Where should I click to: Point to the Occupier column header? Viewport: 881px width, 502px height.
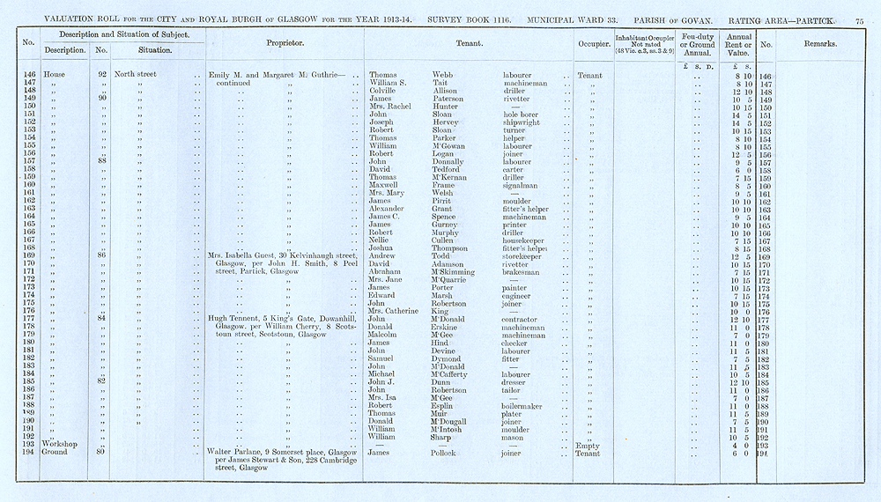[x=596, y=43]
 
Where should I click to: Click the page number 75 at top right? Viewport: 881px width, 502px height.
[x=860, y=8]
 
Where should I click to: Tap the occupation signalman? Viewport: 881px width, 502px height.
[x=522, y=186]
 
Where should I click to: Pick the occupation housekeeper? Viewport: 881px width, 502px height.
[x=525, y=240]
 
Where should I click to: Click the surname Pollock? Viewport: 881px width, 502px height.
[x=447, y=453]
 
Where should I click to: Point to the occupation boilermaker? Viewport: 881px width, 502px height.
[x=525, y=405]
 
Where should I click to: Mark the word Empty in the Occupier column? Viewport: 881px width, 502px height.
[x=586, y=445]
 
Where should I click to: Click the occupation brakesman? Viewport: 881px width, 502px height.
[x=522, y=272]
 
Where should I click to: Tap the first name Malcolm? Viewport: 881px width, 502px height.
[x=385, y=335]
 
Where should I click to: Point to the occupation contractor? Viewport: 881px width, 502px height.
[x=522, y=319]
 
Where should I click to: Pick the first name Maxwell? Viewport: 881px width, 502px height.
[x=385, y=186]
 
